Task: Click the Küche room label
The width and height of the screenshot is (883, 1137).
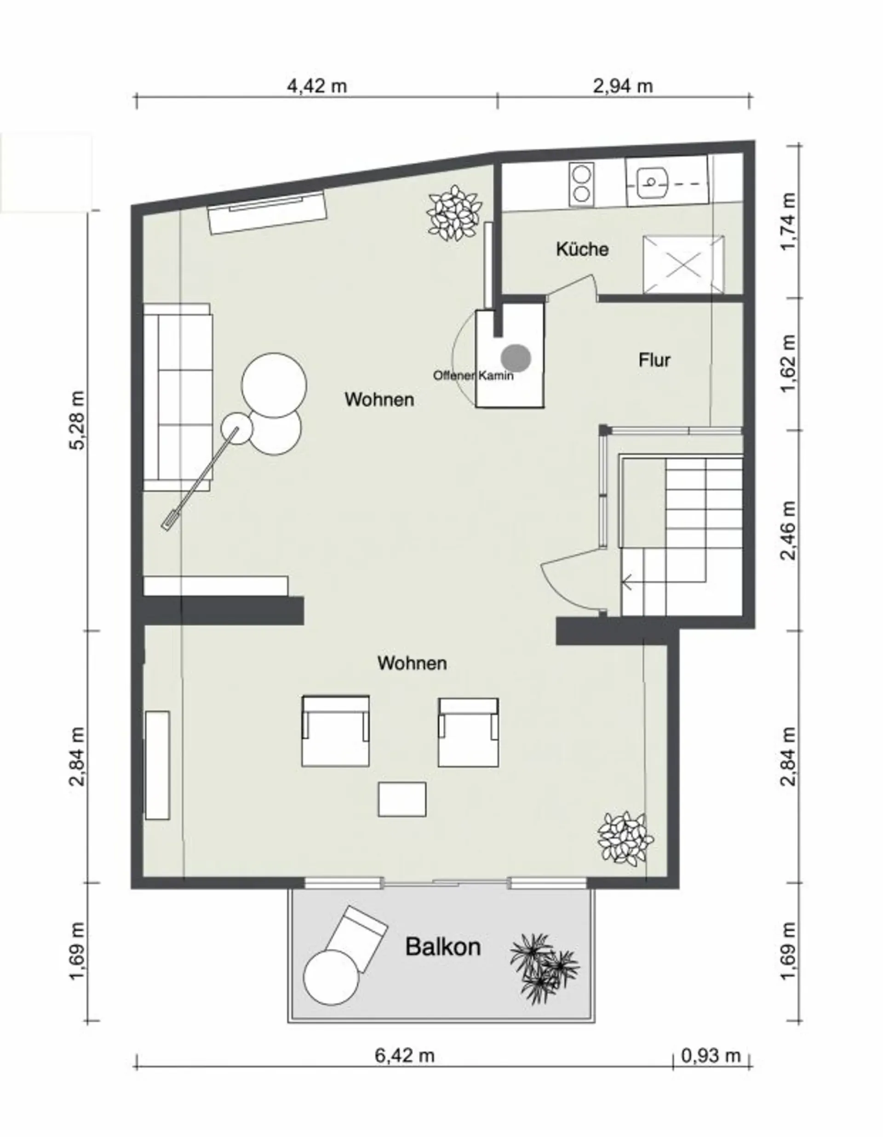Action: [582, 249]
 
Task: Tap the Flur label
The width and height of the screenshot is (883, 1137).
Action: [654, 360]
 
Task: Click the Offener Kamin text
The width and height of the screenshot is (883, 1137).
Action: [473, 375]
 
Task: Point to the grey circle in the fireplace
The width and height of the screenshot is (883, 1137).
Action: [516, 357]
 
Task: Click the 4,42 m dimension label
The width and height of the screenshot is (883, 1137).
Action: [317, 86]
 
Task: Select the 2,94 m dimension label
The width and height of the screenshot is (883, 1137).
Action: [623, 86]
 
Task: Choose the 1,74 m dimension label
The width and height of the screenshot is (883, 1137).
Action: [789, 222]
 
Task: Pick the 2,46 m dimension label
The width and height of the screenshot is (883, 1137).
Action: [789, 531]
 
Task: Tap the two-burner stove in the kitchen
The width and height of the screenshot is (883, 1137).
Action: [582, 184]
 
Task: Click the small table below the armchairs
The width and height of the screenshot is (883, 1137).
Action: [402, 799]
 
